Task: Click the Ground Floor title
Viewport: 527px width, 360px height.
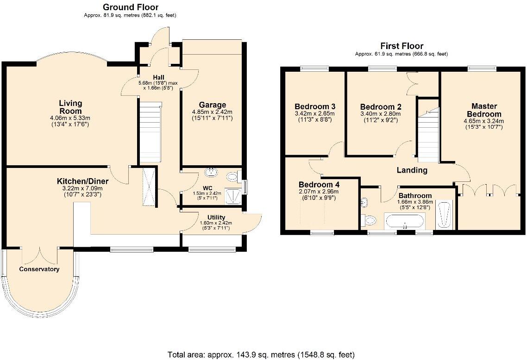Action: coord(131,7)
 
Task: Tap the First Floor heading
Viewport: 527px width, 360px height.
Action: coord(402,46)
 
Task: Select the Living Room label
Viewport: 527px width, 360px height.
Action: coord(70,107)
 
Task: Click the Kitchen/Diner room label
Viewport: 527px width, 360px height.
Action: coord(83,181)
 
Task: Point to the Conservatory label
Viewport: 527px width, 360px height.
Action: coord(39,269)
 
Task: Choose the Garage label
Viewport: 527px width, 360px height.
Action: coord(212,105)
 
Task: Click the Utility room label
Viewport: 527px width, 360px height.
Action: coord(216,217)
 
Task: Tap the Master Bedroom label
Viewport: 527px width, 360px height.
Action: coord(484,110)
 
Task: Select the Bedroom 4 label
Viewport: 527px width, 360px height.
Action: coord(319,185)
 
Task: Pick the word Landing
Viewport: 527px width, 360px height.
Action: coord(412,170)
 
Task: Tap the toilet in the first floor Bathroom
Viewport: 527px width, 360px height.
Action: coord(368,220)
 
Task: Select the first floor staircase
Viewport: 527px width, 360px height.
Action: coord(428,134)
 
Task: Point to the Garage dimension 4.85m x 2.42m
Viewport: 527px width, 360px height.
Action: coord(212,112)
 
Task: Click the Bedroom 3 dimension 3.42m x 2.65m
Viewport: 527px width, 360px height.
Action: coord(314,113)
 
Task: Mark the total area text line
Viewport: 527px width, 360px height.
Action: coord(261,354)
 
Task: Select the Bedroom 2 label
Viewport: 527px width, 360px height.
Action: coord(381,107)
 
